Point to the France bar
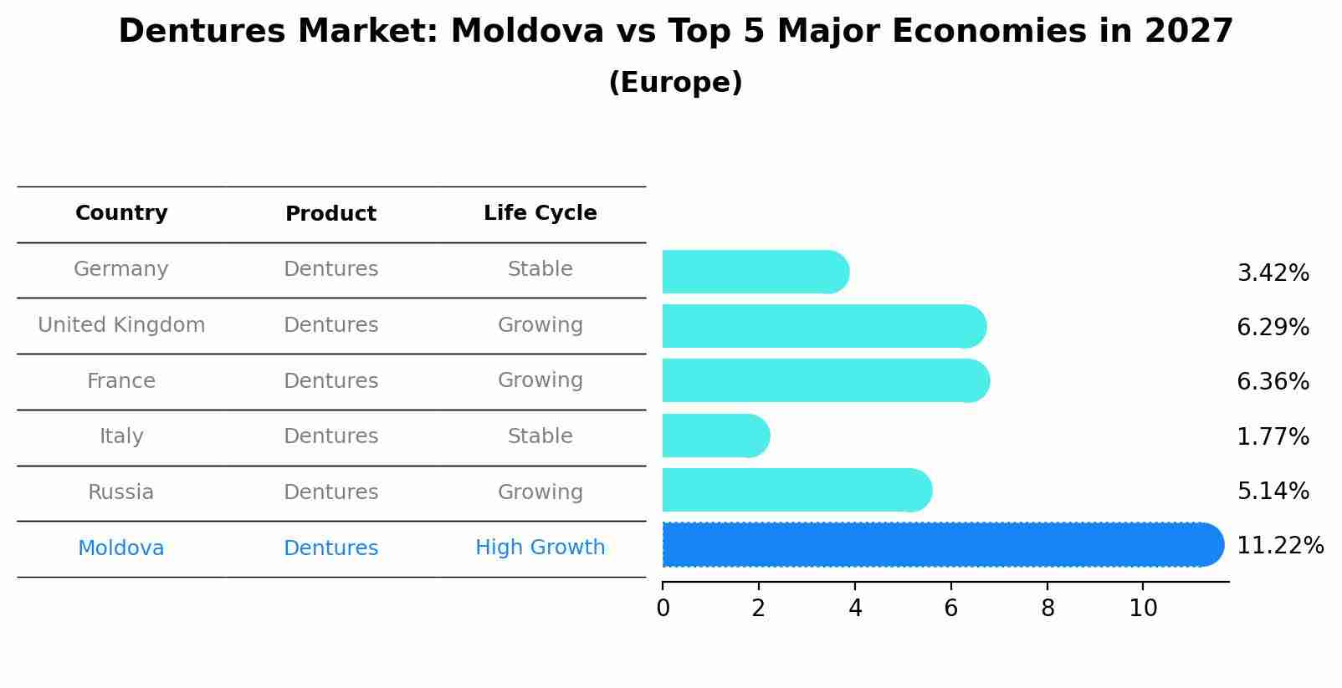click(x=825, y=380)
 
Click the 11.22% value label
click(x=1279, y=546)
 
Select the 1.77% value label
click(x=1273, y=436)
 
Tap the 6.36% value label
click(x=1273, y=382)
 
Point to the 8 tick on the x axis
click(x=1047, y=609)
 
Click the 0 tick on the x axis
click(x=663, y=609)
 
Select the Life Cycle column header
click(x=540, y=213)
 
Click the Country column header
click(x=121, y=213)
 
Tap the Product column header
click(x=330, y=214)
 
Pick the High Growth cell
click(x=540, y=548)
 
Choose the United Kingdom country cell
click(x=121, y=325)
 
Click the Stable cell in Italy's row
click(x=540, y=436)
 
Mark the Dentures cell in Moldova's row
click(x=330, y=548)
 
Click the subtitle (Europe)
click(x=675, y=83)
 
